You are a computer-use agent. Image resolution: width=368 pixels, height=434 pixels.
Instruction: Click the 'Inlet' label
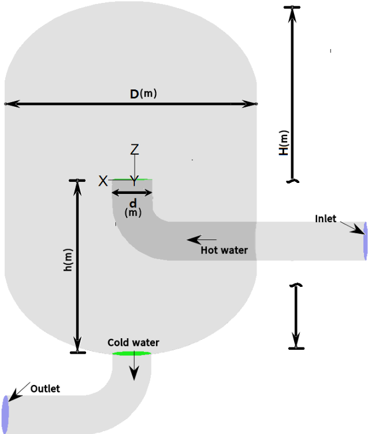[x=325, y=219]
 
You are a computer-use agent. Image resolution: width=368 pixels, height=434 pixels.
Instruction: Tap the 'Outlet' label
[x=45, y=388]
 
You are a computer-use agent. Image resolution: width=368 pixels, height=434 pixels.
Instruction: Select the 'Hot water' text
[x=224, y=250]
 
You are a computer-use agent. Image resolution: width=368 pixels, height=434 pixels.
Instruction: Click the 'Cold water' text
[x=133, y=342]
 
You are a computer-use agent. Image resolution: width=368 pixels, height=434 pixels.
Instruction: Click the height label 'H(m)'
[x=284, y=143]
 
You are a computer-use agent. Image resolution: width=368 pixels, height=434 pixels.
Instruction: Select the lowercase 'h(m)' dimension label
[x=68, y=260]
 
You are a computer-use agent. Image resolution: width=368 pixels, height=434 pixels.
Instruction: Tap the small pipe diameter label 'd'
[x=133, y=203]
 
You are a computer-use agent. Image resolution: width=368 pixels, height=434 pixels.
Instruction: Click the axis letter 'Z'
[x=135, y=149]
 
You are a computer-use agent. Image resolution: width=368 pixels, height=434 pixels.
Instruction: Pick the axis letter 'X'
[x=103, y=181]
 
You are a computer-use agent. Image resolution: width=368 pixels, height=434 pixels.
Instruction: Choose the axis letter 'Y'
[x=134, y=181]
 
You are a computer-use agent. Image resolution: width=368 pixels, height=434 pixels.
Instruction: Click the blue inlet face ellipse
[x=365, y=240]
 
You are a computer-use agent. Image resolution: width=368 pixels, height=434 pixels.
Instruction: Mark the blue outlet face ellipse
[x=6, y=409]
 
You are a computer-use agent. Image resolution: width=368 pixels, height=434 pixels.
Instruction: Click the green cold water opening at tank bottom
[x=131, y=353]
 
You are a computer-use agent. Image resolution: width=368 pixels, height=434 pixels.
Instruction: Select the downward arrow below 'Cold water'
[x=133, y=369]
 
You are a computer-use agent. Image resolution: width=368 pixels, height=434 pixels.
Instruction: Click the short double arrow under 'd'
[x=132, y=193]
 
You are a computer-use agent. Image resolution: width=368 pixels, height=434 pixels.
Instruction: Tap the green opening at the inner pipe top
[x=132, y=179]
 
